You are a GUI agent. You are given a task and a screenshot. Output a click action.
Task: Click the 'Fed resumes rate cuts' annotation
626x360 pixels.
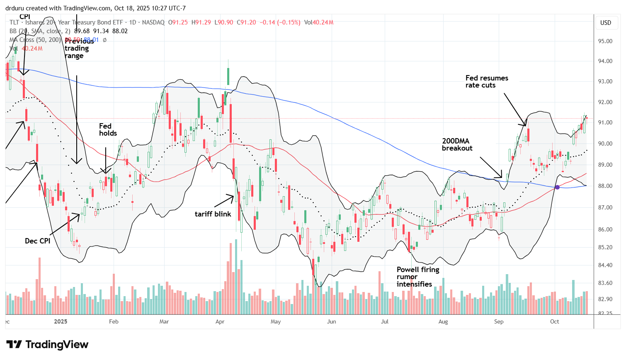486,82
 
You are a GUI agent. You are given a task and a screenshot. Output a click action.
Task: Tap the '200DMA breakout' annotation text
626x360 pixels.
457,145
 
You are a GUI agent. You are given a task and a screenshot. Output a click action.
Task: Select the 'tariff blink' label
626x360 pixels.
213,214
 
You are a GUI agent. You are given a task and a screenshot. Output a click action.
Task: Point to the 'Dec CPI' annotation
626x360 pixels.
37,241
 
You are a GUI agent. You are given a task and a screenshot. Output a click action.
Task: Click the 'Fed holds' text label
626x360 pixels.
108,129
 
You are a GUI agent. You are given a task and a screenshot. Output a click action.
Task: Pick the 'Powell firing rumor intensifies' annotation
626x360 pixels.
417,277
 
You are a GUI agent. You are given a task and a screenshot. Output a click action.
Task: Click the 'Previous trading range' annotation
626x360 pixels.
78,48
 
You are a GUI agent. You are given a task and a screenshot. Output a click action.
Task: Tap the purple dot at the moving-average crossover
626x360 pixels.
557,187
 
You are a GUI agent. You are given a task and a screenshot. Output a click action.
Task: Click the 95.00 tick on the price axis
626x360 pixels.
605,41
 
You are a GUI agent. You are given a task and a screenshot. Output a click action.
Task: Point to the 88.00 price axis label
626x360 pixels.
605,186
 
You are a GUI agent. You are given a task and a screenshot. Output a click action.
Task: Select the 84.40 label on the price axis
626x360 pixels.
605,265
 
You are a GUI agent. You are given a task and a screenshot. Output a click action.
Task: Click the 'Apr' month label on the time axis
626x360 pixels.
220,321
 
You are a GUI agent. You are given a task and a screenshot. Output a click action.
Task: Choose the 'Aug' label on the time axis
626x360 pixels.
443,321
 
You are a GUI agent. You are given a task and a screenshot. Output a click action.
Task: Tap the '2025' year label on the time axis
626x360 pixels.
61,321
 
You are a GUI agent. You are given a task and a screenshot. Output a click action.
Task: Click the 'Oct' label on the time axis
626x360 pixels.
554,321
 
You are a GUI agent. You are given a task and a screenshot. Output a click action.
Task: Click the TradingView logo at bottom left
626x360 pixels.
47,345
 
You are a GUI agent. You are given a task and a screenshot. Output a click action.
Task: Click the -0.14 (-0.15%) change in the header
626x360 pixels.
279,22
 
